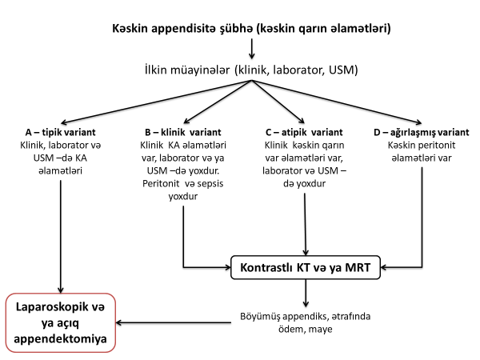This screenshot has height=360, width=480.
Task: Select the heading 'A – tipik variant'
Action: point(60,131)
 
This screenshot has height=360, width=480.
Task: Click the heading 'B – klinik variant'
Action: point(184,131)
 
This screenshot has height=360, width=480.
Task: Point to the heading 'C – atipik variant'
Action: point(304,131)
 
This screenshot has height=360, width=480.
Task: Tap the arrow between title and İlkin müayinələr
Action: point(252,50)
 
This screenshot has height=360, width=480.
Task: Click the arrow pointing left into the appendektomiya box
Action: point(176,323)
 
